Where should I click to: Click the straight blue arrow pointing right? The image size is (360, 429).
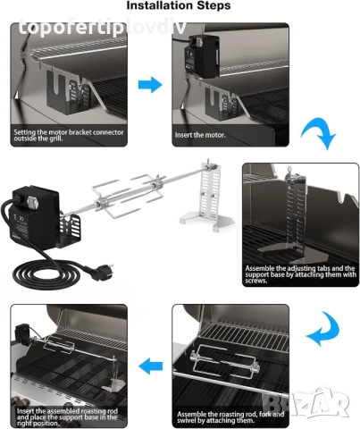click(150, 85)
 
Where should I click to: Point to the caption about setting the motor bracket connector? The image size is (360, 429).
click(66, 134)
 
